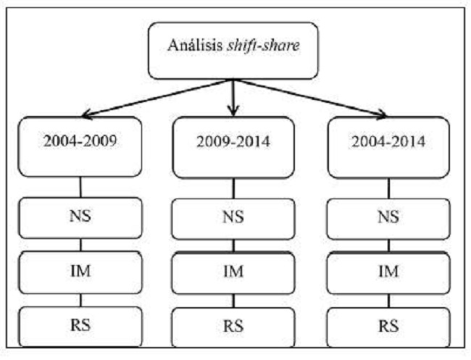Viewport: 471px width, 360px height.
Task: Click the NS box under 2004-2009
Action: (80, 217)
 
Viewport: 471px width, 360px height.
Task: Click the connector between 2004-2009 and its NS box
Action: (80, 186)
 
